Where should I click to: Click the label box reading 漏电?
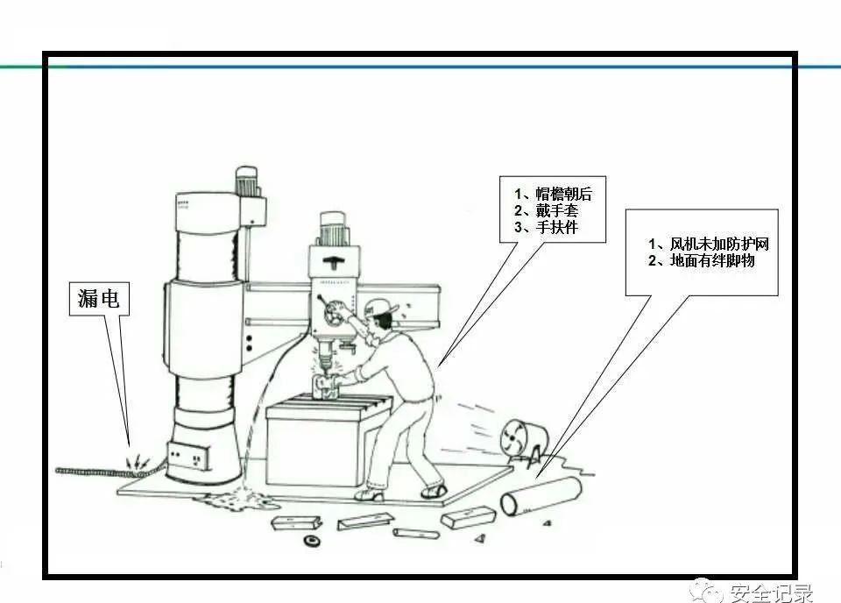tap(99, 298)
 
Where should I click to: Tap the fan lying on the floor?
tap(523, 441)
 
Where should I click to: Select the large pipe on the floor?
tap(541, 496)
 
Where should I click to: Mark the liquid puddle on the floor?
tap(235, 499)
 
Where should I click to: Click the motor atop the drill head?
tap(336, 229)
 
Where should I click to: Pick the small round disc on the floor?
tap(310, 540)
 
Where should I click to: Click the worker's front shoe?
tap(370, 495)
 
